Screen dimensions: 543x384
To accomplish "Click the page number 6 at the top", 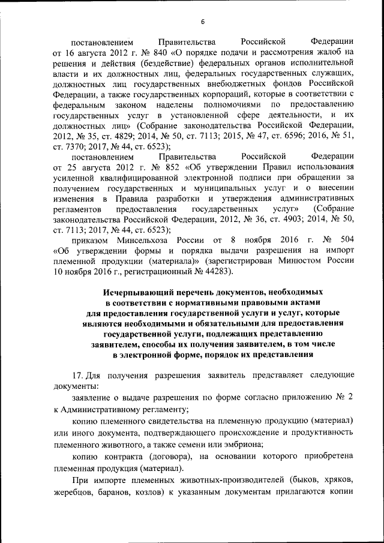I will pos(203,22).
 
